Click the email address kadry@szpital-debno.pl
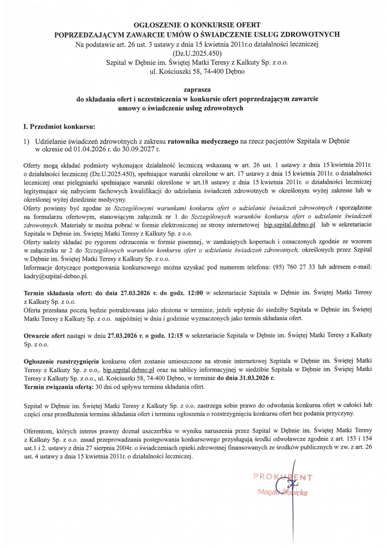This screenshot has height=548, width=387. point(55,276)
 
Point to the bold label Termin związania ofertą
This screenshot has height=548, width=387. point(57,386)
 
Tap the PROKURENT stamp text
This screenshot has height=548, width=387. point(283,477)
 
